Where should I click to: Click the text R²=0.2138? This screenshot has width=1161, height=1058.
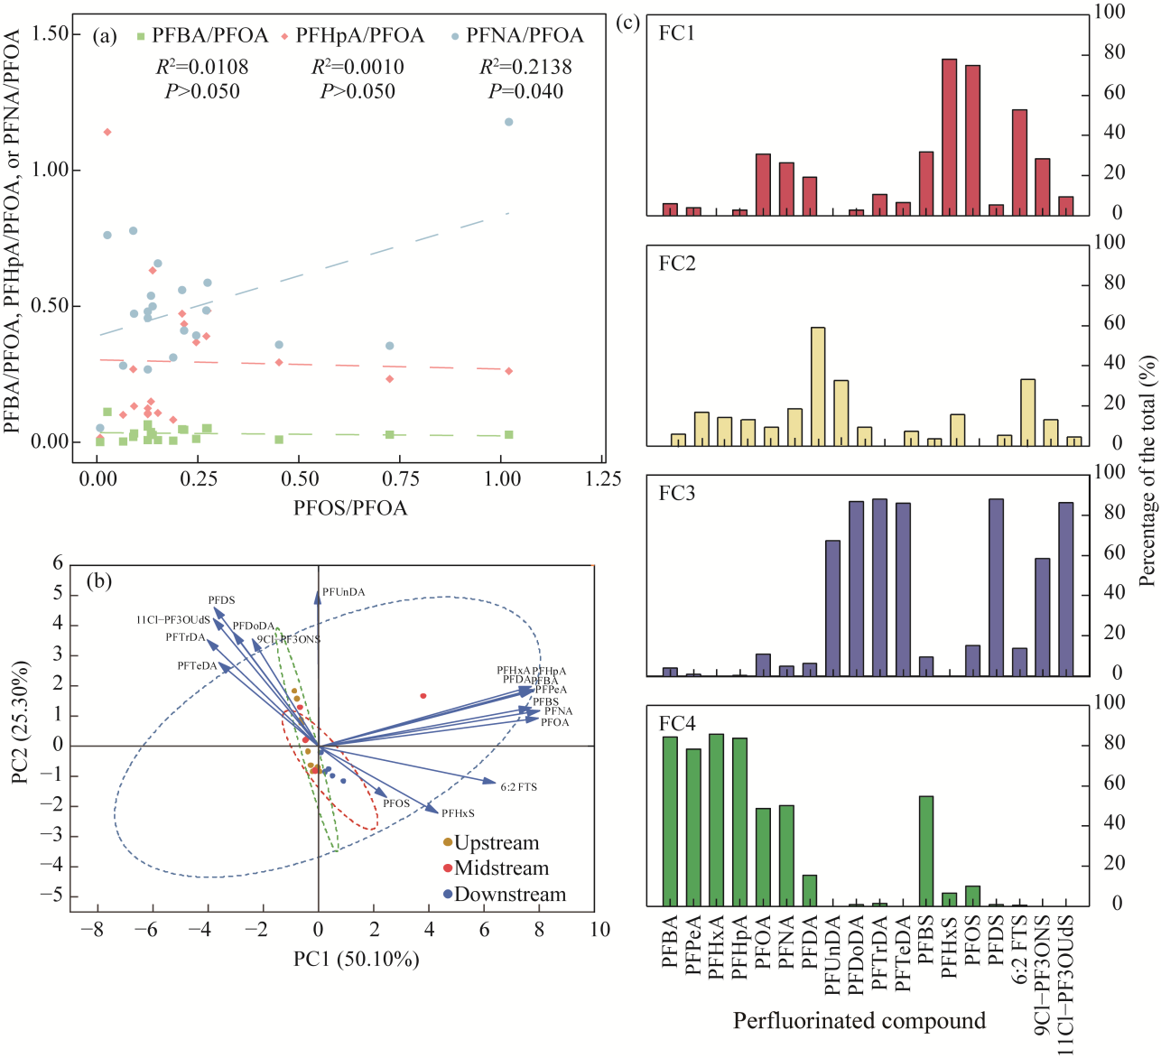525,67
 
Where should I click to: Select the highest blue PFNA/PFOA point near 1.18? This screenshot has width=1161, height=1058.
508,122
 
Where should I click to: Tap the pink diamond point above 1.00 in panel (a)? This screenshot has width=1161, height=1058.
107,132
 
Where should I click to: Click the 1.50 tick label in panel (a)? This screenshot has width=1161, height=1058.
51,34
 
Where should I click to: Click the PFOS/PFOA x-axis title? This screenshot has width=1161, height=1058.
350,508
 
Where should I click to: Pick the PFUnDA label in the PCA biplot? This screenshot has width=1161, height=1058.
344,592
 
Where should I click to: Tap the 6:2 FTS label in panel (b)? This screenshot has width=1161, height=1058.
519,787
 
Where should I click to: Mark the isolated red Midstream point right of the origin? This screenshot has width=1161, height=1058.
423,695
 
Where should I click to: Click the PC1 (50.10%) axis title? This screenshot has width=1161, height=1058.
357,960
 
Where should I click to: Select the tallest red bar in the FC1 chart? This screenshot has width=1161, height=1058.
949,137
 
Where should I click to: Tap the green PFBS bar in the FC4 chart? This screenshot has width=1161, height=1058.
926,850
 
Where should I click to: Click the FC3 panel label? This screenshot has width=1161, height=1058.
677,494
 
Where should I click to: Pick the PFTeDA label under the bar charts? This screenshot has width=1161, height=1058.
903,955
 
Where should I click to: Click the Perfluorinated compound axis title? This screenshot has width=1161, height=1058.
859,1021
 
